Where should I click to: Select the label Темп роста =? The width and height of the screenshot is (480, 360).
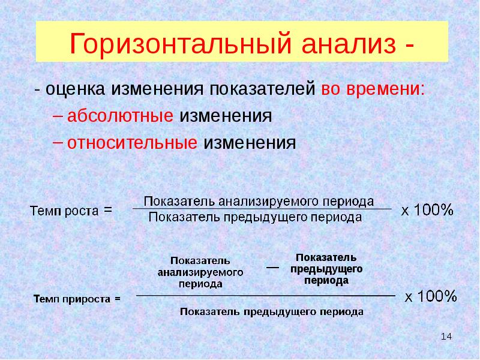click(71, 211)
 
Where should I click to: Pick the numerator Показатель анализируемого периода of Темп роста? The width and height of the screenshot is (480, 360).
click(259, 201)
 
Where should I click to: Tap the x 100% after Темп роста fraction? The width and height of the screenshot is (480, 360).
click(427, 210)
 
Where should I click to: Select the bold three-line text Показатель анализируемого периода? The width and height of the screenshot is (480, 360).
click(200, 272)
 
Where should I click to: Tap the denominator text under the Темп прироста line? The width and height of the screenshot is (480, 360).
click(271, 312)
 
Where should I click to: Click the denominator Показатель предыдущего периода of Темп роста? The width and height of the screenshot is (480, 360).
click(254, 217)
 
